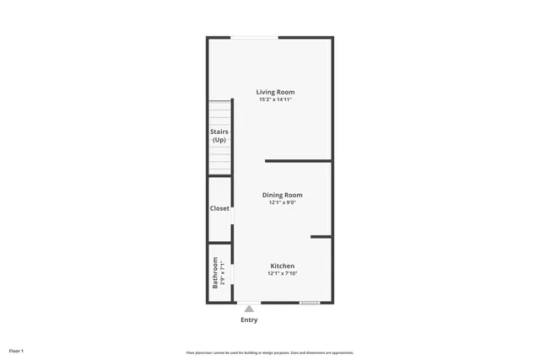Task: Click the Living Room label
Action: click(x=276, y=92)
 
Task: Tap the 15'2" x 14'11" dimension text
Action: click(x=276, y=100)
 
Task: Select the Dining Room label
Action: click(x=282, y=195)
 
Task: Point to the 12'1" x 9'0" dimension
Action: click(x=282, y=202)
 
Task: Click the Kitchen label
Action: click(x=282, y=266)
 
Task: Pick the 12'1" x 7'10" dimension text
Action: click(x=282, y=273)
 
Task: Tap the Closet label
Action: click(x=219, y=208)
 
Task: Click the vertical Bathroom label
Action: click(x=215, y=274)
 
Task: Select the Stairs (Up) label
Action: click(x=219, y=135)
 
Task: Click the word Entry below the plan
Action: click(x=249, y=320)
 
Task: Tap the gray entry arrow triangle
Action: click(x=249, y=309)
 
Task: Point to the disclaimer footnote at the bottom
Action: click(x=269, y=352)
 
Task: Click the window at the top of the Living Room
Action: click(x=255, y=36)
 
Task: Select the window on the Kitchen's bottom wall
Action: click(x=310, y=303)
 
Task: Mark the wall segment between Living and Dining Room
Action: click(x=298, y=160)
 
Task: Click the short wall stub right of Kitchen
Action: click(x=321, y=237)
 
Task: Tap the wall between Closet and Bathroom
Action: click(x=219, y=243)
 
